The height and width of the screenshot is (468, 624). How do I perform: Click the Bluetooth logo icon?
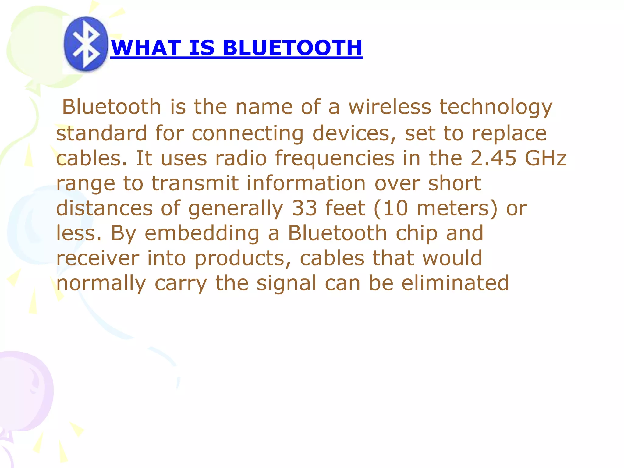[x=86, y=44]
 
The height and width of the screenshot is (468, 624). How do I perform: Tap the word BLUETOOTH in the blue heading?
[x=292, y=48]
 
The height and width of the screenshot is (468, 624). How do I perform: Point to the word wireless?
[x=390, y=107]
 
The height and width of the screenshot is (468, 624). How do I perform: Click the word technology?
[x=496, y=108]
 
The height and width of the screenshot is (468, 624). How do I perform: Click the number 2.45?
[x=493, y=158]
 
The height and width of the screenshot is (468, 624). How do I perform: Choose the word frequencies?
[x=335, y=159]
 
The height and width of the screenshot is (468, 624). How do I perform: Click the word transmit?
[x=195, y=183]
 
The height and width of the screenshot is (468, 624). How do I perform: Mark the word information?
[x=306, y=183]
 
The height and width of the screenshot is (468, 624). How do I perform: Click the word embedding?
[x=202, y=233]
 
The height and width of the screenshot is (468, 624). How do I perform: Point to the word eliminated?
[x=455, y=283]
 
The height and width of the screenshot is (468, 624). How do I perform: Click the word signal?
[x=286, y=284]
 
